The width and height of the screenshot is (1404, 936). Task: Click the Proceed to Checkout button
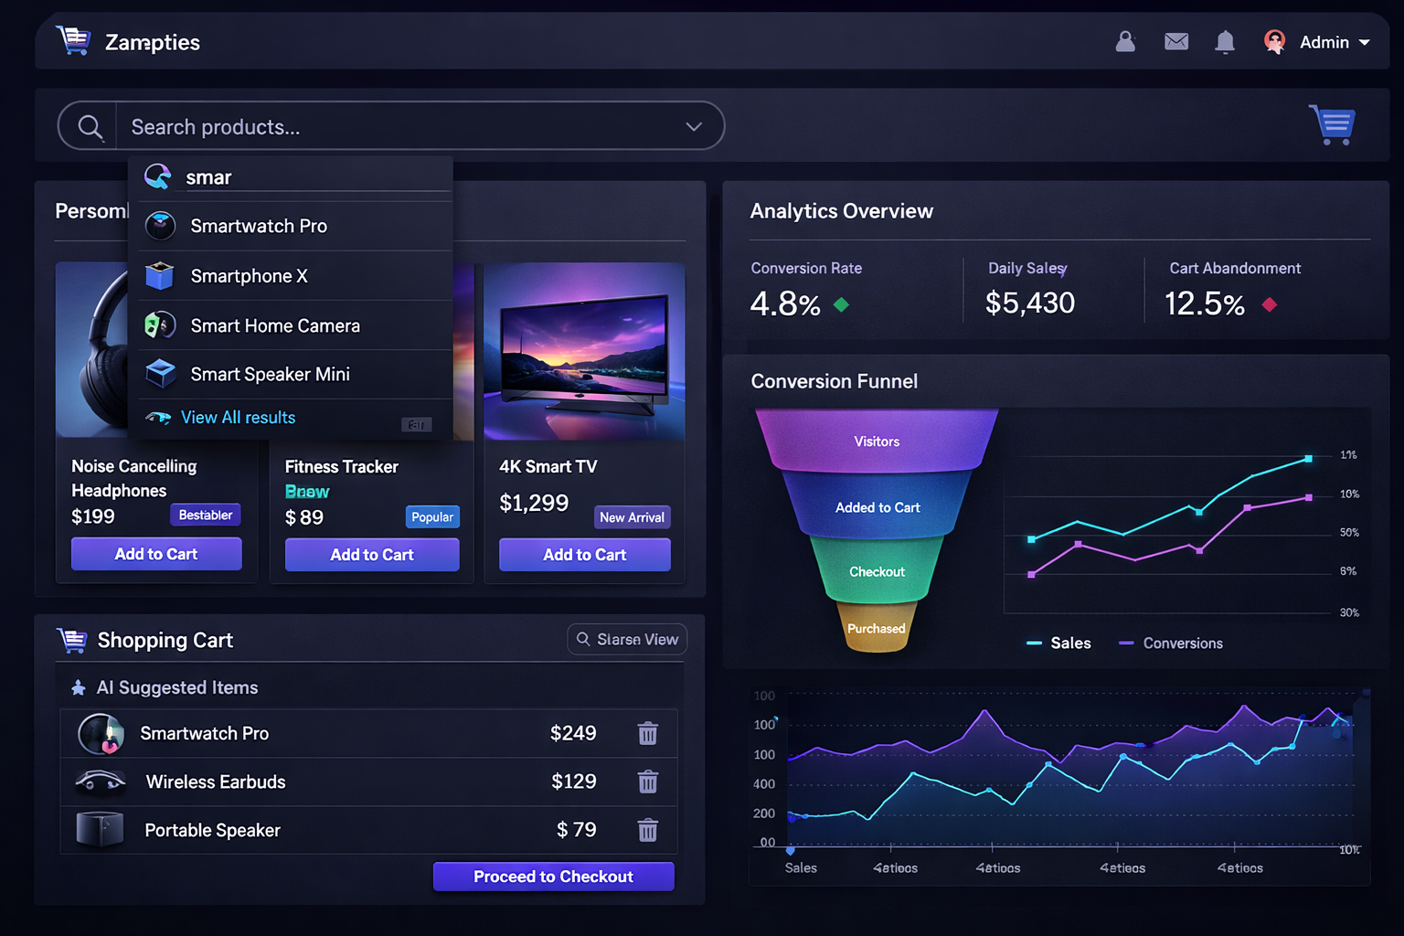click(553, 877)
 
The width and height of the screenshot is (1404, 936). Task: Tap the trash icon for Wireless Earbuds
click(648, 782)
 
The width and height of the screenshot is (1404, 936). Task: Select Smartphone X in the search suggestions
click(249, 276)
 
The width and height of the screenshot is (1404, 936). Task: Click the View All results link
click(238, 418)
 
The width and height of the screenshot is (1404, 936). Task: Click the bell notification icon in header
click(1225, 42)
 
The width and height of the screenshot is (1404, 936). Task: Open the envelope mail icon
click(1176, 42)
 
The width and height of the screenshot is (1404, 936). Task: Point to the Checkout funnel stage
click(877, 572)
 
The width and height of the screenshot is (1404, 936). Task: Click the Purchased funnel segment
click(876, 629)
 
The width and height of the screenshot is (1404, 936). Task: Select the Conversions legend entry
click(1182, 643)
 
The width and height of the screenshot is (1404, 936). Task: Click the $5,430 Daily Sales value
click(1030, 303)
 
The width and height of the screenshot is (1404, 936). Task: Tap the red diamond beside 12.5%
click(1269, 304)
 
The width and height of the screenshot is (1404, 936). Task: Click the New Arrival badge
click(632, 517)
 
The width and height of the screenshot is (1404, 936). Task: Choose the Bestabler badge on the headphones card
click(206, 516)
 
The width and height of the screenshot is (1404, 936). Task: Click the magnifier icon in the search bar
click(90, 127)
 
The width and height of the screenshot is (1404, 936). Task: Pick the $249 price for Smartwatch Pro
click(573, 733)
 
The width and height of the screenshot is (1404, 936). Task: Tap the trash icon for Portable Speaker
click(648, 830)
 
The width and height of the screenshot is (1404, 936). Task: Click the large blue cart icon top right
click(1334, 124)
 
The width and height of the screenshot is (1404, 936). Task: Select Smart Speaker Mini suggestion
click(270, 374)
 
